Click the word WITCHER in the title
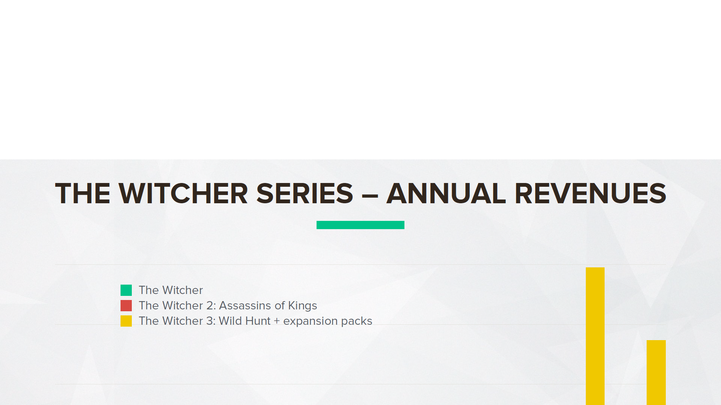pos(183,193)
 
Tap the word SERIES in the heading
pos(305,193)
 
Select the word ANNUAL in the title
pos(446,193)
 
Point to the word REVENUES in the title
pos(590,193)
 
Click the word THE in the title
pos(83,193)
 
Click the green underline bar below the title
pos(360,225)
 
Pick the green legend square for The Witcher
pos(126,290)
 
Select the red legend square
pos(126,306)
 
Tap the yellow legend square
pos(126,321)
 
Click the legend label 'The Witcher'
pos(171,290)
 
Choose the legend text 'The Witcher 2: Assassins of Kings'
pos(228,306)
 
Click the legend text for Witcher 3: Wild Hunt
pos(256,321)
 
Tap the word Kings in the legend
pos(303,306)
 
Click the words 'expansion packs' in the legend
pos(328,321)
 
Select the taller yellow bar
pos(595,336)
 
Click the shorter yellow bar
pos(656,372)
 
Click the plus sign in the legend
pos(277,321)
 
